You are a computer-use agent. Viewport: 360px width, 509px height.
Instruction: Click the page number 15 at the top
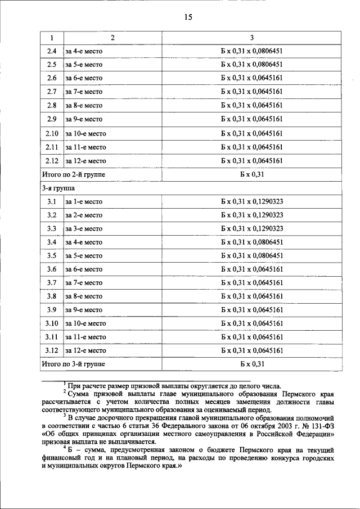click(x=188, y=17)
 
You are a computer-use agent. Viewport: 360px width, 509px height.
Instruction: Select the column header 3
click(x=251, y=38)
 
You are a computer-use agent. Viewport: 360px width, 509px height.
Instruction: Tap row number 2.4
click(x=52, y=51)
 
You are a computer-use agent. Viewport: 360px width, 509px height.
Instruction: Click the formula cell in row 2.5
click(x=251, y=65)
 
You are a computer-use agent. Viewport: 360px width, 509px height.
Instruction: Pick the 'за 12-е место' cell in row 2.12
click(x=85, y=161)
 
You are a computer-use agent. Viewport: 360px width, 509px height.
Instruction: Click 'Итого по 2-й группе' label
click(x=74, y=174)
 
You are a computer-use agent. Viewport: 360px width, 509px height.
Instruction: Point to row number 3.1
click(x=52, y=201)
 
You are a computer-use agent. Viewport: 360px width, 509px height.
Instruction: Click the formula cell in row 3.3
click(x=251, y=228)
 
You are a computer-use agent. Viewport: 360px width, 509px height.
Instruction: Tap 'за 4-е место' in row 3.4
click(x=84, y=242)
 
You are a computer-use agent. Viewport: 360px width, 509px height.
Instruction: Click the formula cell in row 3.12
click(x=251, y=350)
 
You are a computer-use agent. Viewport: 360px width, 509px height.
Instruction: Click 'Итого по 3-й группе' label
click(x=74, y=364)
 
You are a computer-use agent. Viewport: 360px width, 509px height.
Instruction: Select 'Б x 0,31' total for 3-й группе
click(x=251, y=364)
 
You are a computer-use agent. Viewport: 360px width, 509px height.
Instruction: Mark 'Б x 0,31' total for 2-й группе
click(x=251, y=174)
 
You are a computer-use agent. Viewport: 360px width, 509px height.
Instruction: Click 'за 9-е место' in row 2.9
click(x=84, y=119)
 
